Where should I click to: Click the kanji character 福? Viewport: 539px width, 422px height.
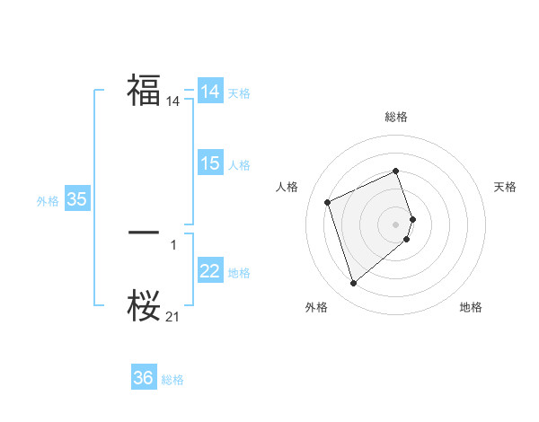(144, 91)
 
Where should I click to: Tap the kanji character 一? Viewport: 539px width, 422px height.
(144, 233)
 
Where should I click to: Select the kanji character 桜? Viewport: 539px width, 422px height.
(144, 305)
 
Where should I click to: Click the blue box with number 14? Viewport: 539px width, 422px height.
(210, 92)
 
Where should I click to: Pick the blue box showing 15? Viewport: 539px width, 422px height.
(210, 163)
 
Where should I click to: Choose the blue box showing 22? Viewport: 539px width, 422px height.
(210, 271)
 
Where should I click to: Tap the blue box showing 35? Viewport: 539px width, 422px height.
(77, 199)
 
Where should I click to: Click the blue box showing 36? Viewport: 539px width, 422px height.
(144, 378)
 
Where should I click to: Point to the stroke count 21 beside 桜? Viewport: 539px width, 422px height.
(172, 317)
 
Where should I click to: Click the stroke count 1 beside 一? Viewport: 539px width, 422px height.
(172, 244)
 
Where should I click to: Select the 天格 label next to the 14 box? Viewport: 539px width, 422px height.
(239, 92)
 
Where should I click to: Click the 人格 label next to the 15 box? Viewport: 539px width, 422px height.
(239, 164)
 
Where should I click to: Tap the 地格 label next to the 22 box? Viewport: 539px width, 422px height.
(239, 272)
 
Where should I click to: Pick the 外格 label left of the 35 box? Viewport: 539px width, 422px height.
(48, 201)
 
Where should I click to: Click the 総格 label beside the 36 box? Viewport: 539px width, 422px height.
(172, 380)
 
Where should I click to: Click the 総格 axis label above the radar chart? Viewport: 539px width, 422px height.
(396, 117)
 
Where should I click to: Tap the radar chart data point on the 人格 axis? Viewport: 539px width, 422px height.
(328, 202)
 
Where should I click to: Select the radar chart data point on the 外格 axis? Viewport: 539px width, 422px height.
(353, 284)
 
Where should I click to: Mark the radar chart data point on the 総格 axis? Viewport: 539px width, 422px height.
(396, 171)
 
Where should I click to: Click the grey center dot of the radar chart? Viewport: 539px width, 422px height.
(396, 224)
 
